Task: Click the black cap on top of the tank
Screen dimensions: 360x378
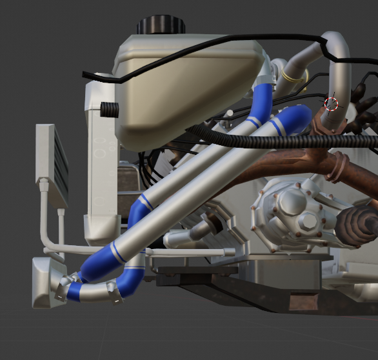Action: tap(160, 25)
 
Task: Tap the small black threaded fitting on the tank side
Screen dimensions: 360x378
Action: tap(110, 109)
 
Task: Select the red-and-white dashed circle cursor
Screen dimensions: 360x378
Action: tap(331, 104)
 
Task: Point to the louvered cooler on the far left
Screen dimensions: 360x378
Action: tap(52, 165)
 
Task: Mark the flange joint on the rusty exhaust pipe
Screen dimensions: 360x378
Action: tap(337, 166)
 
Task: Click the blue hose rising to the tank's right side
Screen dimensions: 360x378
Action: tap(261, 103)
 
